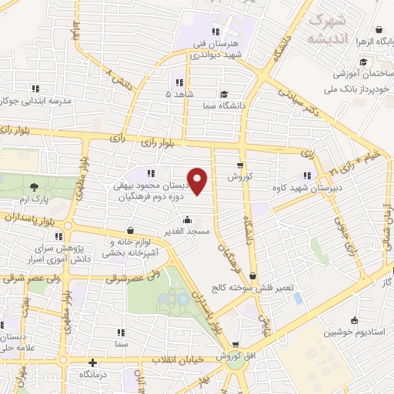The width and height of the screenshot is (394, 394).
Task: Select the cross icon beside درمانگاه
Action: pos(92,362)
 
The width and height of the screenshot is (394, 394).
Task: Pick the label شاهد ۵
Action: pos(179,93)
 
